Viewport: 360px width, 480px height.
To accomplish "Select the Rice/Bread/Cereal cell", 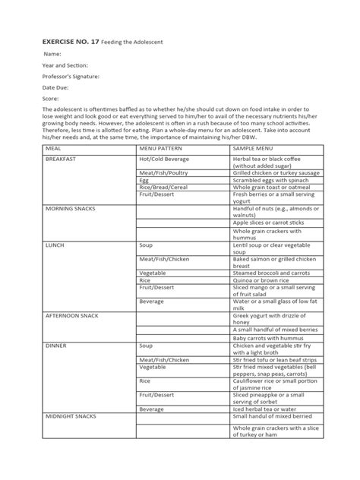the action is tap(164, 187).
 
